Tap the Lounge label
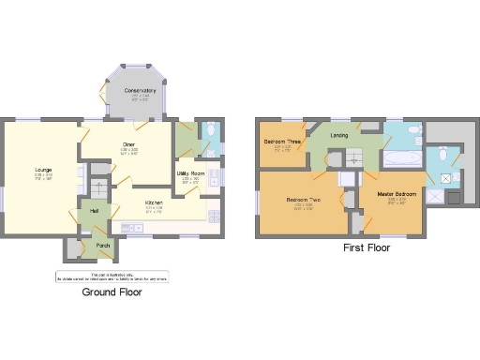tap(44, 170)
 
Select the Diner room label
tap(128, 145)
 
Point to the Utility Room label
tap(190, 174)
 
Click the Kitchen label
tap(155, 202)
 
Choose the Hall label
tap(95, 211)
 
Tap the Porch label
tap(101, 246)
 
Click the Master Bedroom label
tap(397, 195)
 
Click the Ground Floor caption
tap(111, 292)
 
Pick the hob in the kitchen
tap(214, 215)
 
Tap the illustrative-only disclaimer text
tap(111, 277)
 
